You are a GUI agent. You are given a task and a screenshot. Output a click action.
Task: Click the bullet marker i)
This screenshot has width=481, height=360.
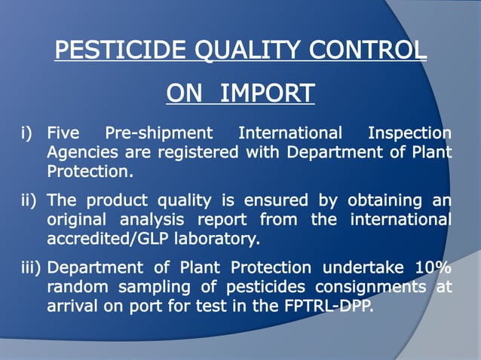(x=29, y=134)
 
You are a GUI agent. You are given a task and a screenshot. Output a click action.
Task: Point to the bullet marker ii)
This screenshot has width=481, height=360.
(x=30, y=201)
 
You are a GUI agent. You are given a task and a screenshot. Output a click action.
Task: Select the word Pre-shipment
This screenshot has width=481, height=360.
(x=159, y=134)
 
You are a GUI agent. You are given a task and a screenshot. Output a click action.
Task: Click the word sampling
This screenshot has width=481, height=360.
(x=148, y=287)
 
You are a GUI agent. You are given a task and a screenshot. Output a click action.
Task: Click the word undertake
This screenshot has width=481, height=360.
(x=360, y=268)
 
